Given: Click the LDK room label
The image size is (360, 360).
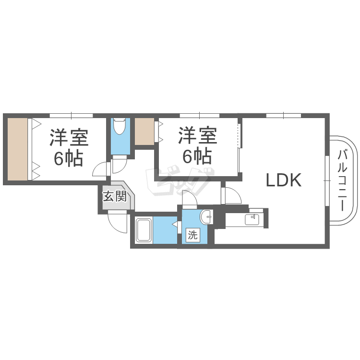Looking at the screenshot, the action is [x=284, y=180].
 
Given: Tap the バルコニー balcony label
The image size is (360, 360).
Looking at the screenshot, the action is [x=342, y=180].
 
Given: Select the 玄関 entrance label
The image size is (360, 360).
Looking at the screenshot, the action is [x=115, y=196].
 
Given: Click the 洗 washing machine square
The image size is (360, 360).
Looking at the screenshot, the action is [x=192, y=235].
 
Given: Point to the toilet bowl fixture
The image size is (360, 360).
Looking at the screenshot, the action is [x=120, y=126].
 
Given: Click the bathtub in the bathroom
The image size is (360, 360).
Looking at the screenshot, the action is [x=144, y=230].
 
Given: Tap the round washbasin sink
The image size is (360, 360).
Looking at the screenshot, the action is [x=206, y=216].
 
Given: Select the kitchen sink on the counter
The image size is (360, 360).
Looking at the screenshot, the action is [x=252, y=219].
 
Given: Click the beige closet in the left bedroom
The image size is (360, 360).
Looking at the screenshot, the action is [x=18, y=149].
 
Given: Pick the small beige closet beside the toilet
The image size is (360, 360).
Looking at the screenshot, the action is [x=144, y=132].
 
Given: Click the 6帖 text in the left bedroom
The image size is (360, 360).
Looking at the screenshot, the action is [x=68, y=158].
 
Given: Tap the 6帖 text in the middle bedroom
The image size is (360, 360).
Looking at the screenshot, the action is [x=197, y=156].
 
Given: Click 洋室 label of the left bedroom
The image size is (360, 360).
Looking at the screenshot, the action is [x=69, y=137].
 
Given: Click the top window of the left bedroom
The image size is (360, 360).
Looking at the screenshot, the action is [x=71, y=116].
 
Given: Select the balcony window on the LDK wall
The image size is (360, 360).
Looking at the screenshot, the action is [x=327, y=180].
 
